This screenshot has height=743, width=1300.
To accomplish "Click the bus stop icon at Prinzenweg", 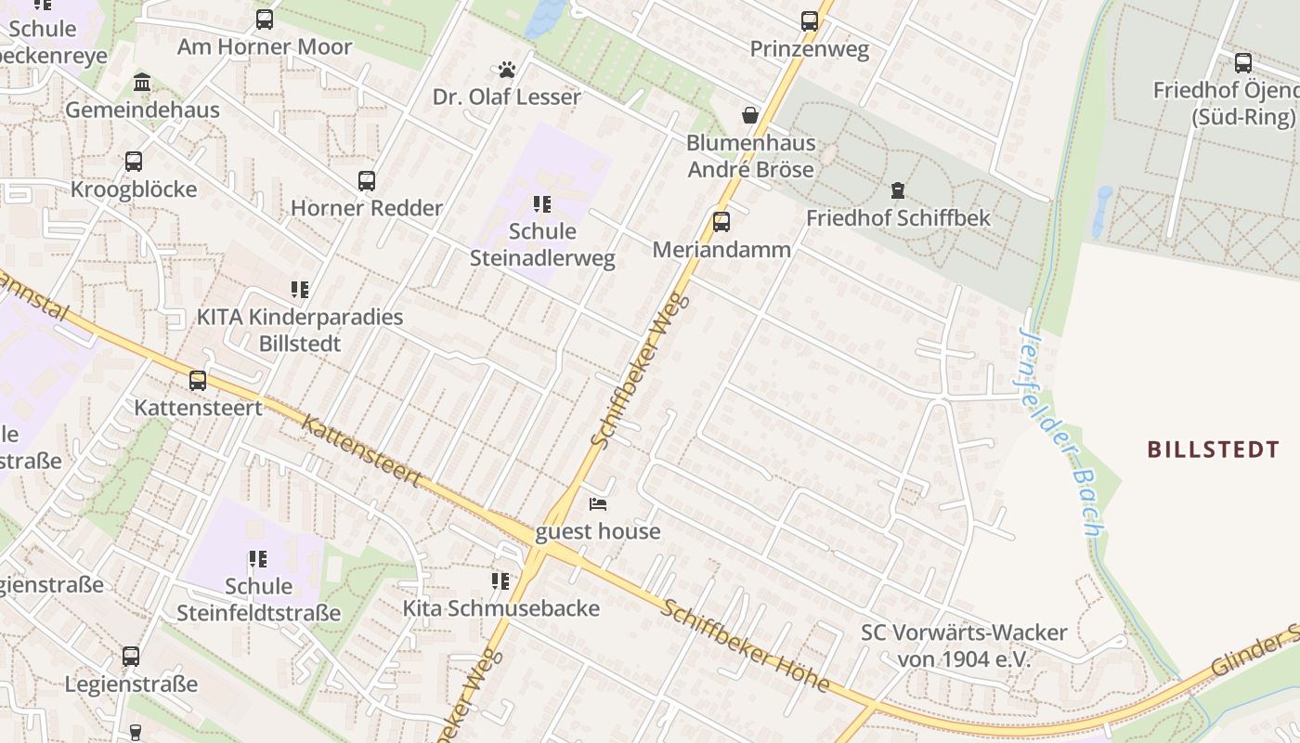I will coord(809,20).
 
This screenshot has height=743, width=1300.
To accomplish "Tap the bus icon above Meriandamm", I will coord(721,222).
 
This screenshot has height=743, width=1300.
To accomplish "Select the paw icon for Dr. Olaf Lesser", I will coord(506,70).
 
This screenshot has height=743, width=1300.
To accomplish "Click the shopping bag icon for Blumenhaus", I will coord(749,115).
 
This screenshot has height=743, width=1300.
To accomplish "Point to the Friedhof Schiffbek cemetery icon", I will coord(897,190).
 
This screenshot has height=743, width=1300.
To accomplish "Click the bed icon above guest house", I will coord(598,504).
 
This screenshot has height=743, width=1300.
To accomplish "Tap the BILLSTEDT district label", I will coord(1213,450).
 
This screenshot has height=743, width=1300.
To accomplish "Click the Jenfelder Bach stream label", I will coord(1061,432).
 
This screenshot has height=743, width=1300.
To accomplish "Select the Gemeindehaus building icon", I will coord(142,83).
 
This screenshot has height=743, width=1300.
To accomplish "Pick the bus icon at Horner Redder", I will coord(367,180).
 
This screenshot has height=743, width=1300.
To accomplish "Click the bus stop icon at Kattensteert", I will coord(198,380).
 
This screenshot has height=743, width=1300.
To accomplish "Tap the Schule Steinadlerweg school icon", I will coord(541,204).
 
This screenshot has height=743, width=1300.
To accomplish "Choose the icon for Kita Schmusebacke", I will coord(500,581).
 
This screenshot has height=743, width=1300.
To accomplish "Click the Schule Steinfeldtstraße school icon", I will coord(258,559).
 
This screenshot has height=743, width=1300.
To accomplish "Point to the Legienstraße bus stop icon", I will coord(131,657).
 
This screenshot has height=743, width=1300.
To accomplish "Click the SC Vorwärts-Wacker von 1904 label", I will coord(964,645).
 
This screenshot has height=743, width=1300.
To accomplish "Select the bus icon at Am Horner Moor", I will coord(265,20).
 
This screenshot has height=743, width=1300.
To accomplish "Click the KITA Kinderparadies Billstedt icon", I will coord(299,290).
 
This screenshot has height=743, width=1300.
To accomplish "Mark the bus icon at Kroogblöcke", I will coord(134,162).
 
